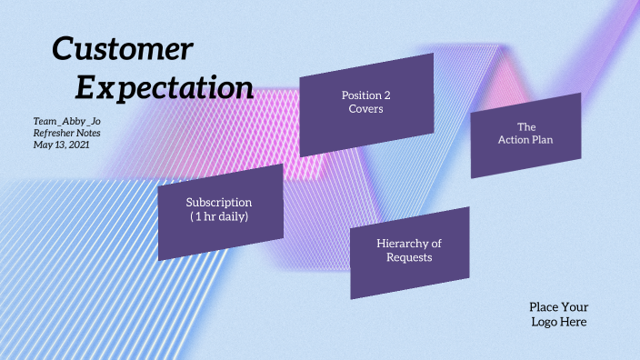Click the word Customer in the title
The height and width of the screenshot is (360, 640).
tap(122, 49)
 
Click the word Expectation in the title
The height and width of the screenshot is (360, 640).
tap(164, 87)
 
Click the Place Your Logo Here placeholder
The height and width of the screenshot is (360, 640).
tap(558, 315)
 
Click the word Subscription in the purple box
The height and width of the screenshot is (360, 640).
tap(219, 202)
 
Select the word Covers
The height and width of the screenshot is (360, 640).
tap(366, 109)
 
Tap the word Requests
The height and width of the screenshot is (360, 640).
tap(409, 257)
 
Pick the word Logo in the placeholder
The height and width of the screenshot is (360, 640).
tap(547, 322)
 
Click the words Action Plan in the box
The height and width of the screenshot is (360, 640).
tap(525, 140)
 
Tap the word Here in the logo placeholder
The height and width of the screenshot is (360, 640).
tap(574, 322)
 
